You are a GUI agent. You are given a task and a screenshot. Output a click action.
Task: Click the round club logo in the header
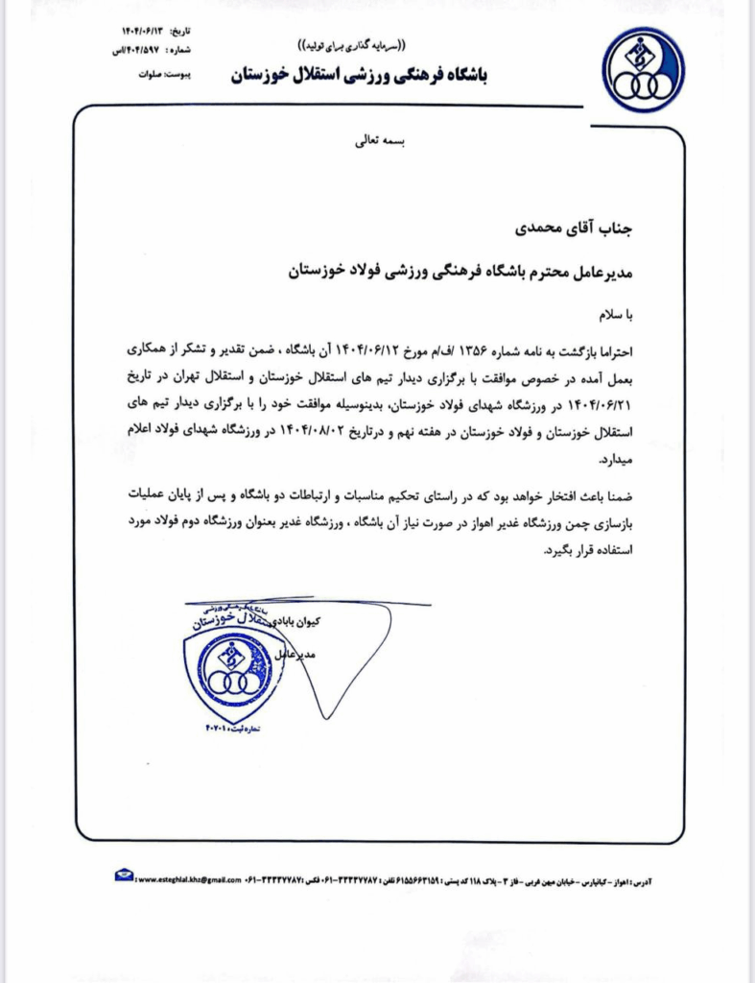tap(644, 70)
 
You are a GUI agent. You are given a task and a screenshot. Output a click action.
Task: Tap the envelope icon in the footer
tap(124, 875)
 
